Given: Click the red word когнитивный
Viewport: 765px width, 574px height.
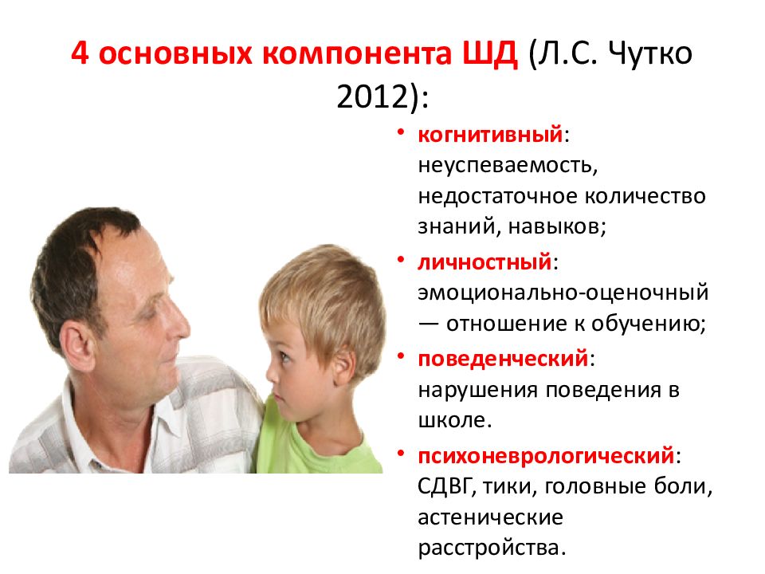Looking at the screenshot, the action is point(490,135).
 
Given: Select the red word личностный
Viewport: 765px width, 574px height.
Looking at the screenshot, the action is point(484,262).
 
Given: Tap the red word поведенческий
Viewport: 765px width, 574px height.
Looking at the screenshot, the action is point(503,360).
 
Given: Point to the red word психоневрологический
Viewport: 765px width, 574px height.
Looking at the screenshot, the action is point(546,456).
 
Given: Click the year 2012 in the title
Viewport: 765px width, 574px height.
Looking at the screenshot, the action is point(372,96).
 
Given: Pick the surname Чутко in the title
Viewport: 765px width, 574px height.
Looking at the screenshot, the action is point(650,53).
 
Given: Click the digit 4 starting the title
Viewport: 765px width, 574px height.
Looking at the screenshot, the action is point(80,53).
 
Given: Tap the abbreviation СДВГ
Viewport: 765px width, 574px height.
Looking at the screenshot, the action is point(446,487).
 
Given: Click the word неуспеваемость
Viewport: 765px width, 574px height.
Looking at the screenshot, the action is point(508,167).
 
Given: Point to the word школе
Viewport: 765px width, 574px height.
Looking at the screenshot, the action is point(454,420).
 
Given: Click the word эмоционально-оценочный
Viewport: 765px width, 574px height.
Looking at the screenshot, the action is point(563,293).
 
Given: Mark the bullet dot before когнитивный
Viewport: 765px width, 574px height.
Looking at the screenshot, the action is point(401,132).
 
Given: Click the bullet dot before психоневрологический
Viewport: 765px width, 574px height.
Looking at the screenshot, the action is point(401,454).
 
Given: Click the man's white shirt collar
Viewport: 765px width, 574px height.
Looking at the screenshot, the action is point(161,420).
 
